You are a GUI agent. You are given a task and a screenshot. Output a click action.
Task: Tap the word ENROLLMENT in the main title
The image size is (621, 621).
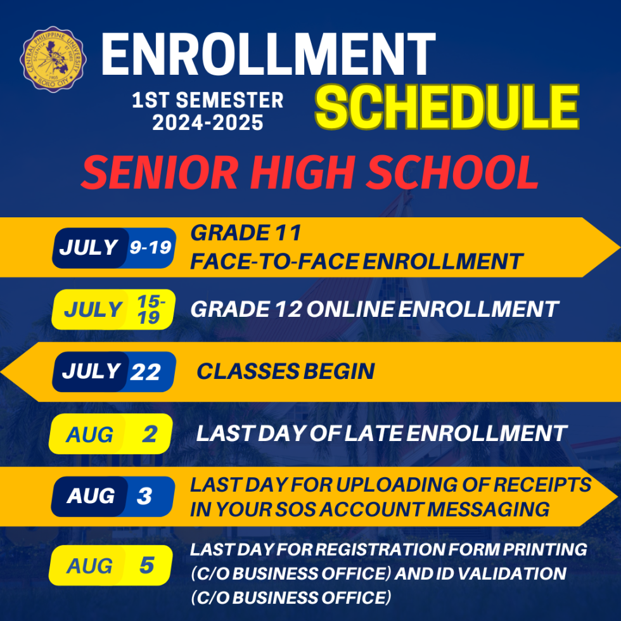(x=268, y=54)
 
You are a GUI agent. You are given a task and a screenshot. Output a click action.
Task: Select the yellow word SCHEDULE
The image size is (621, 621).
(x=447, y=108)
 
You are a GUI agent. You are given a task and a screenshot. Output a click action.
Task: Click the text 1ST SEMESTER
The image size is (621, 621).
(x=208, y=100)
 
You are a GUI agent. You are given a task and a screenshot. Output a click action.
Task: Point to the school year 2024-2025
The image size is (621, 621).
(x=208, y=122)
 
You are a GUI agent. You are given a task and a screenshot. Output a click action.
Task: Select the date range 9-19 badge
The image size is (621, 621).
(x=151, y=248)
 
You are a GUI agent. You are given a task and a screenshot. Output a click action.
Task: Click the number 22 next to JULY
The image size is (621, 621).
(x=146, y=372)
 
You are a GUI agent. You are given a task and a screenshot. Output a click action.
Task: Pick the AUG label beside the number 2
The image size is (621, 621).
(x=90, y=435)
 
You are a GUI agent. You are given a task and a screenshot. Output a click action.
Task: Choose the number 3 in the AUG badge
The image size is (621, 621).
(x=144, y=496)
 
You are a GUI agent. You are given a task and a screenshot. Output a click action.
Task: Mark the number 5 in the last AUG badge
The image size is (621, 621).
(x=146, y=565)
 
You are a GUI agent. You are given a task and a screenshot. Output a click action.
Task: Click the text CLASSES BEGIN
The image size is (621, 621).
(x=285, y=371)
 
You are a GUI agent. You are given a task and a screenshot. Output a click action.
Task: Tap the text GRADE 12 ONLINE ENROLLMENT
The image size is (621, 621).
(x=374, y=309)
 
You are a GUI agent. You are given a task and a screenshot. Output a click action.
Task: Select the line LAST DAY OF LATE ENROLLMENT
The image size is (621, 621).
(x=381, y=433)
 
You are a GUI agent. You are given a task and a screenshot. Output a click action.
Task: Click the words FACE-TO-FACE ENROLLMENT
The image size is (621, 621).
(x=356, y=261)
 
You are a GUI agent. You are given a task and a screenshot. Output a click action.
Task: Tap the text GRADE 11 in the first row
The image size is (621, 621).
(x=245, y=233)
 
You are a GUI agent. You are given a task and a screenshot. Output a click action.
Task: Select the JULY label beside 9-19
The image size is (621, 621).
(x=89, y=248)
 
